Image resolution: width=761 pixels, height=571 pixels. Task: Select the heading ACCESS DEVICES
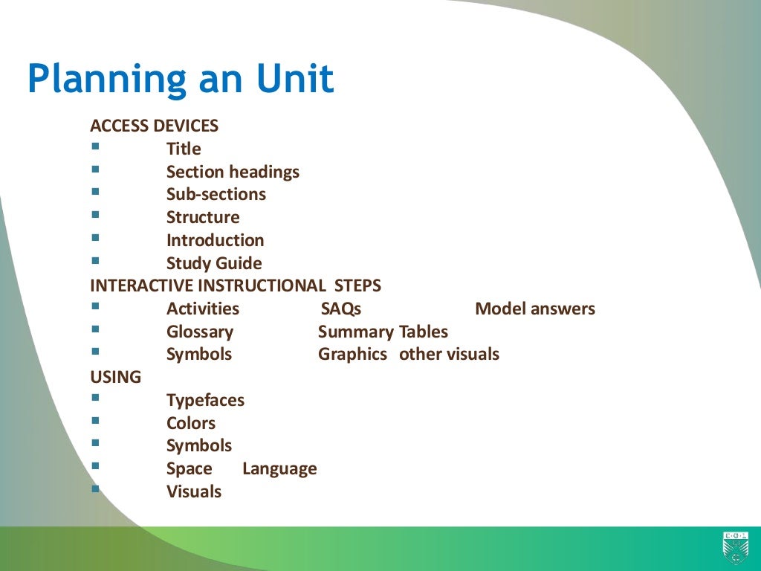154,126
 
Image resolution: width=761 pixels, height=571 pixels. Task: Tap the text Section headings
233,172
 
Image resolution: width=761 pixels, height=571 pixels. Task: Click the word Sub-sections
216,195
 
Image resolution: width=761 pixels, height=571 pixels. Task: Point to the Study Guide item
214,263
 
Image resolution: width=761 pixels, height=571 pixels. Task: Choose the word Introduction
215,240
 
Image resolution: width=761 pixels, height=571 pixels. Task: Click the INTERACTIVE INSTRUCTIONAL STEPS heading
236,285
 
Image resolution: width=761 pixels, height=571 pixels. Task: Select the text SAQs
340,309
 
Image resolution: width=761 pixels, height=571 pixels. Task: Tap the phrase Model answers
535,309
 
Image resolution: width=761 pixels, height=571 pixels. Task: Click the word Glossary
199,332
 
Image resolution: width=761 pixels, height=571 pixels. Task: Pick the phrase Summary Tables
383,332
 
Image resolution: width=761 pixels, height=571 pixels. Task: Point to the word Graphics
352,355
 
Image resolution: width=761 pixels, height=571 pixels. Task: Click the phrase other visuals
449,355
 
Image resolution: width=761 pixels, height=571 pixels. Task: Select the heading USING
115,377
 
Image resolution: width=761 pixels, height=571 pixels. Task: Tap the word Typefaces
205,400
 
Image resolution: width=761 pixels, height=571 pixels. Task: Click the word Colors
191,423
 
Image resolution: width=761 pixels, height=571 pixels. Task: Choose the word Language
279,469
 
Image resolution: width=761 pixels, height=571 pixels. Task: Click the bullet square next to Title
95,146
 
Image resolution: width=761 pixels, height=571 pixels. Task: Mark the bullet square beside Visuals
95,489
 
